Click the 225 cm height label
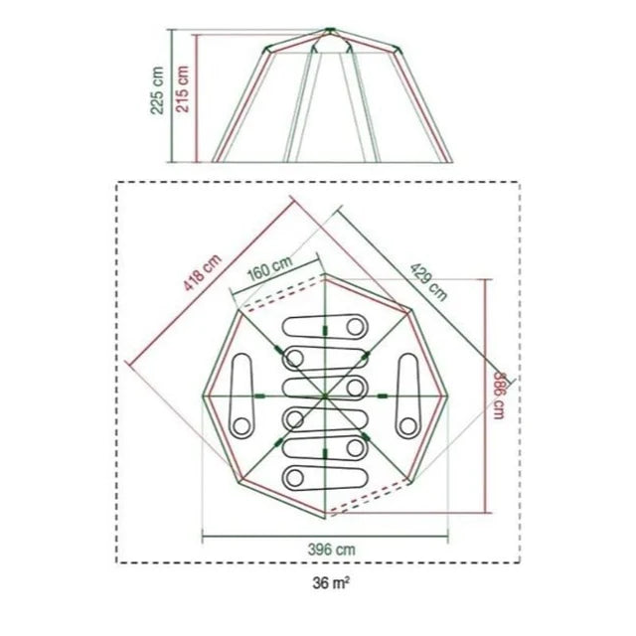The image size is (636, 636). [156, 91]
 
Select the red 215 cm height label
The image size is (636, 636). [182, 89]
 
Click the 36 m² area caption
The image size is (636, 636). [327, 583]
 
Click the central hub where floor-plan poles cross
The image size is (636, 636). [325, 397]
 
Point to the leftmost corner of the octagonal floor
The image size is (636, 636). [204, 397]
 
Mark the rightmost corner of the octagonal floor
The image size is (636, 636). [447, 397]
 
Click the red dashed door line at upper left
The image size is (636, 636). [268, 299]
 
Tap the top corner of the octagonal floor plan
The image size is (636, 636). [325, 274]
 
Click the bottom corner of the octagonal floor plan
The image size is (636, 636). [325, 519]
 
